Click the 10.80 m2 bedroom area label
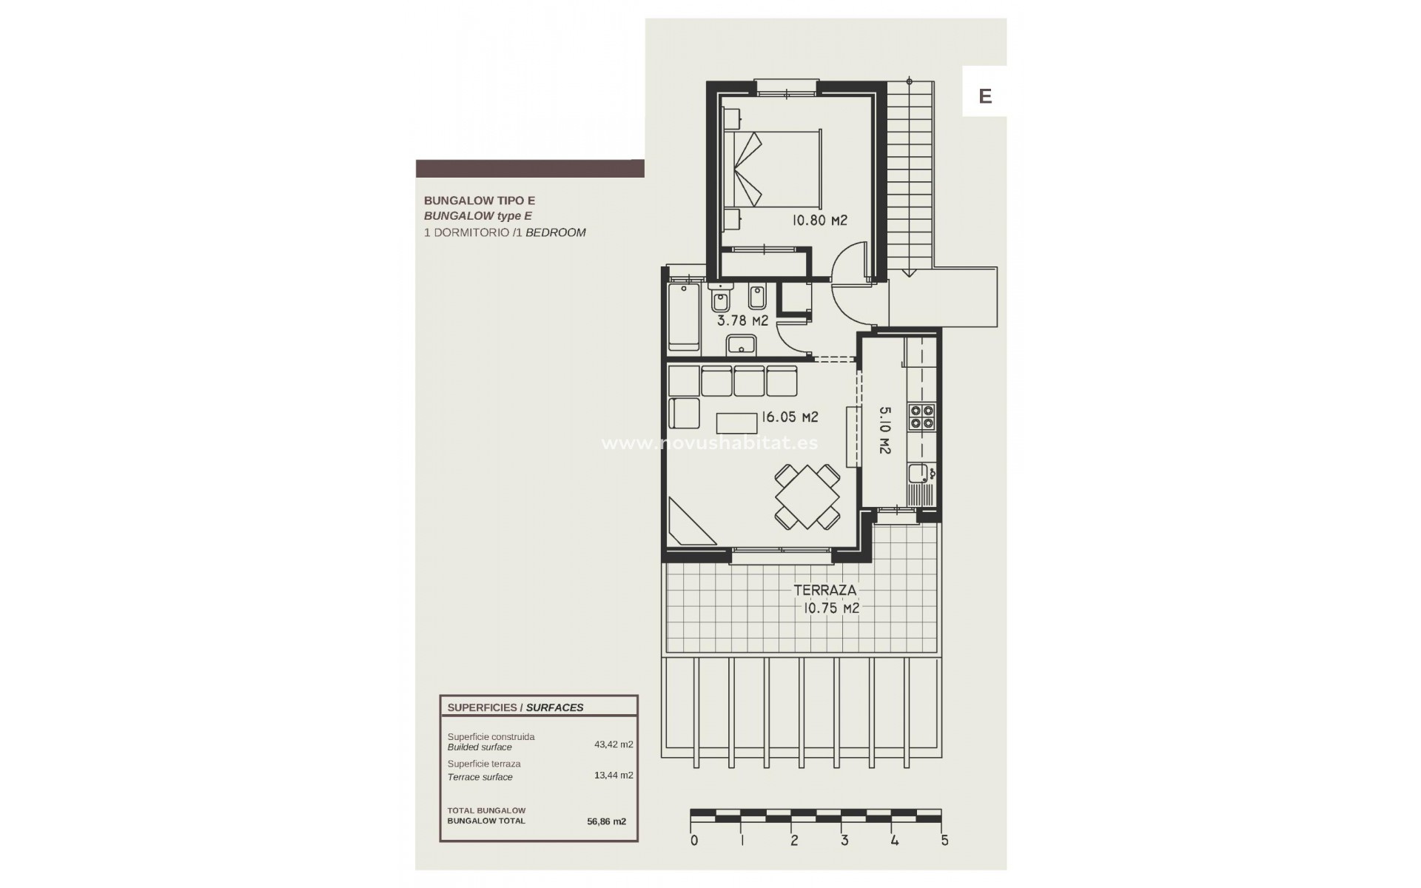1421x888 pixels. click(x=819, y=221)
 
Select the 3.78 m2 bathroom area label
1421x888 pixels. click(x=742, y=320)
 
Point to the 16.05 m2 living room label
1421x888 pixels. click(x=790, y=417)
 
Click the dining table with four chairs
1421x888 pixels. click(x=807, y=497)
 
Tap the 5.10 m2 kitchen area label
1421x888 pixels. click(x=884, y=430)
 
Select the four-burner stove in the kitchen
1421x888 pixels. click(x=922, y=417)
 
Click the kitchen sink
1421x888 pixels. click(x=918, y=474)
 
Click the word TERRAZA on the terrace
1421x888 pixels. click(x=824, y=591)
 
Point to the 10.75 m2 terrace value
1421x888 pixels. click(x=831, y=608)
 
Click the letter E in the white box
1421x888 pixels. click(x=984, y=96)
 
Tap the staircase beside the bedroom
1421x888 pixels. click(x=910, y=178)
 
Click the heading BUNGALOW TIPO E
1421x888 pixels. click(x=479, y=201)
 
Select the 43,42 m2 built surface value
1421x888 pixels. click(x=614, y=744)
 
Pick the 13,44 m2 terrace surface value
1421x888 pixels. click(x=614, y=776)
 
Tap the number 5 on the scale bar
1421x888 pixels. click(x=944, y=841)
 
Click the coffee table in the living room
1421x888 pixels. click(x=737, y=423)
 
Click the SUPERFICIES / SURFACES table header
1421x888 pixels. click(x=515, y=707)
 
